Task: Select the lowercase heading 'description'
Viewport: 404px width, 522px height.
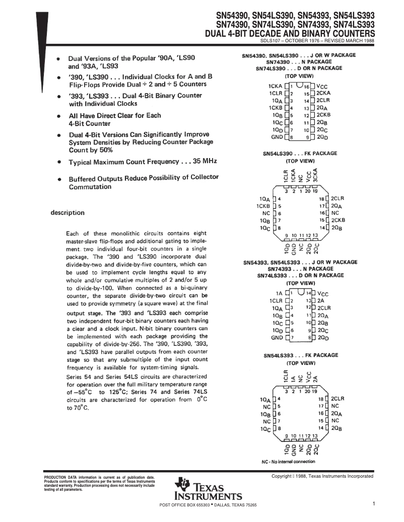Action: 68,212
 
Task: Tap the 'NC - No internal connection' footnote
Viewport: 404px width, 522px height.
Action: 288,461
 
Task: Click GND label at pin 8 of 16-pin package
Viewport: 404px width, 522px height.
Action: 277,137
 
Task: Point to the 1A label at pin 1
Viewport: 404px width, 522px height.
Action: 279,293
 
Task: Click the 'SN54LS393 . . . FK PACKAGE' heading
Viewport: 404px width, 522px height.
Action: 301,355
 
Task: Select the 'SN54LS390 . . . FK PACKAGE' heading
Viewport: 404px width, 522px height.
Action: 300,154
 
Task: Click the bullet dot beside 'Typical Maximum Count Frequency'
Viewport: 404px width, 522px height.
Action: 59,163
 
